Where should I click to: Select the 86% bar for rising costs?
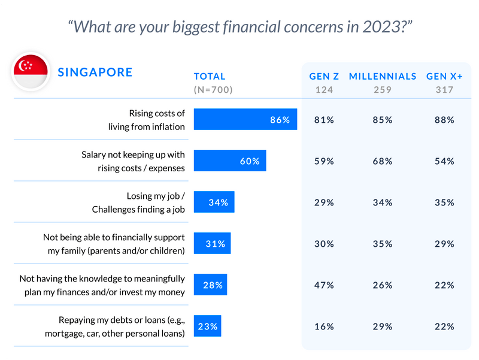pyautogui.click(x=245, y=120)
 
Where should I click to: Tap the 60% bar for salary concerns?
pyautogui.click(x=229, y=161)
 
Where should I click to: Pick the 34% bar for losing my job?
pyautogui.click(x=214, y=202)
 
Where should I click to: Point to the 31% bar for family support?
pyautogui.click(x=212, y=244)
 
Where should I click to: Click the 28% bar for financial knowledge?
pyautogui.click(x=210, y=285)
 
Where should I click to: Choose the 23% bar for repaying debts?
pyautogui.click(x=207, y=326)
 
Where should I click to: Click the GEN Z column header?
pyautogui.click(x=324, y=77)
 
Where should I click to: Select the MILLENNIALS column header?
pyautogui.click(x=382, y=77)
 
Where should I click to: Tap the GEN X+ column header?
pyautogui.click(x=445, y=77)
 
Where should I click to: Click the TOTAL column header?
pyautogui.click(x=210, y=77)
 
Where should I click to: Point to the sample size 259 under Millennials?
pyautogui.click(x=382, y=90)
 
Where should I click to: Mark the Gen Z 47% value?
pyautogui.click(x=324, y=285)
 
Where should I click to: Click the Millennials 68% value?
pyautogui.click(x=382, y=161)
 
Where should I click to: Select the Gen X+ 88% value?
pyautogui.click(x=445, y=120)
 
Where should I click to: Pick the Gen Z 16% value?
pyautogui.click(x=324, y=326)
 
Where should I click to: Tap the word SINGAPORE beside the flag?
pyautogui.click(x=95, y=72)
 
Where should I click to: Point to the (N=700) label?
pyautogui.click(x=213, y=90)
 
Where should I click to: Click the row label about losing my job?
pyautogui.click(x=138, y=202)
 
